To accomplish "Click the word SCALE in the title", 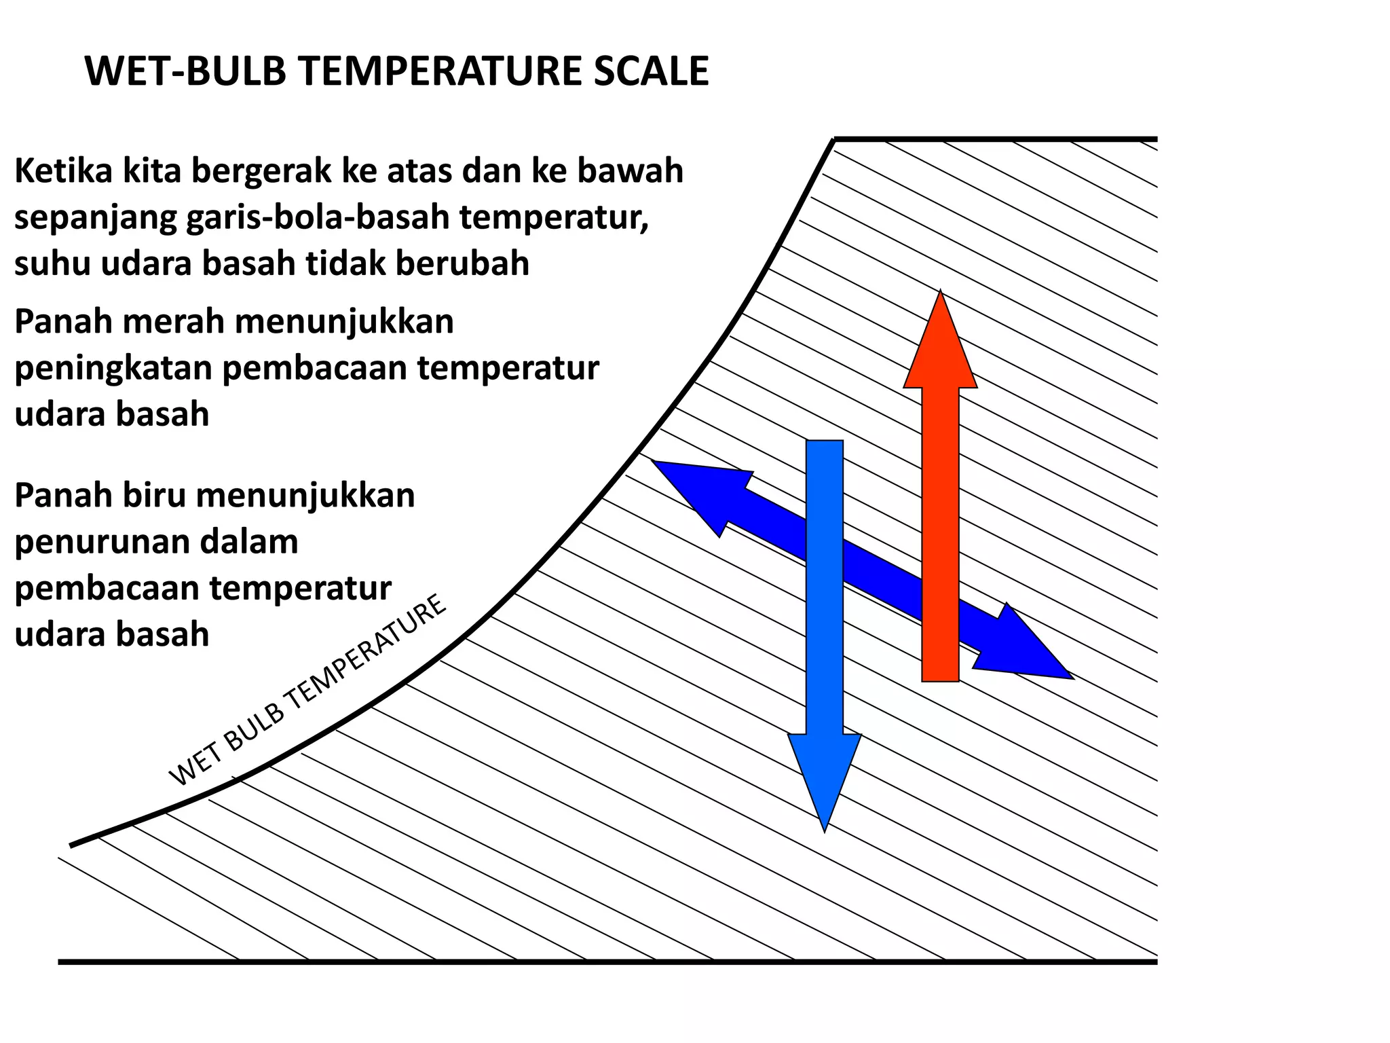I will pos(651,71).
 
